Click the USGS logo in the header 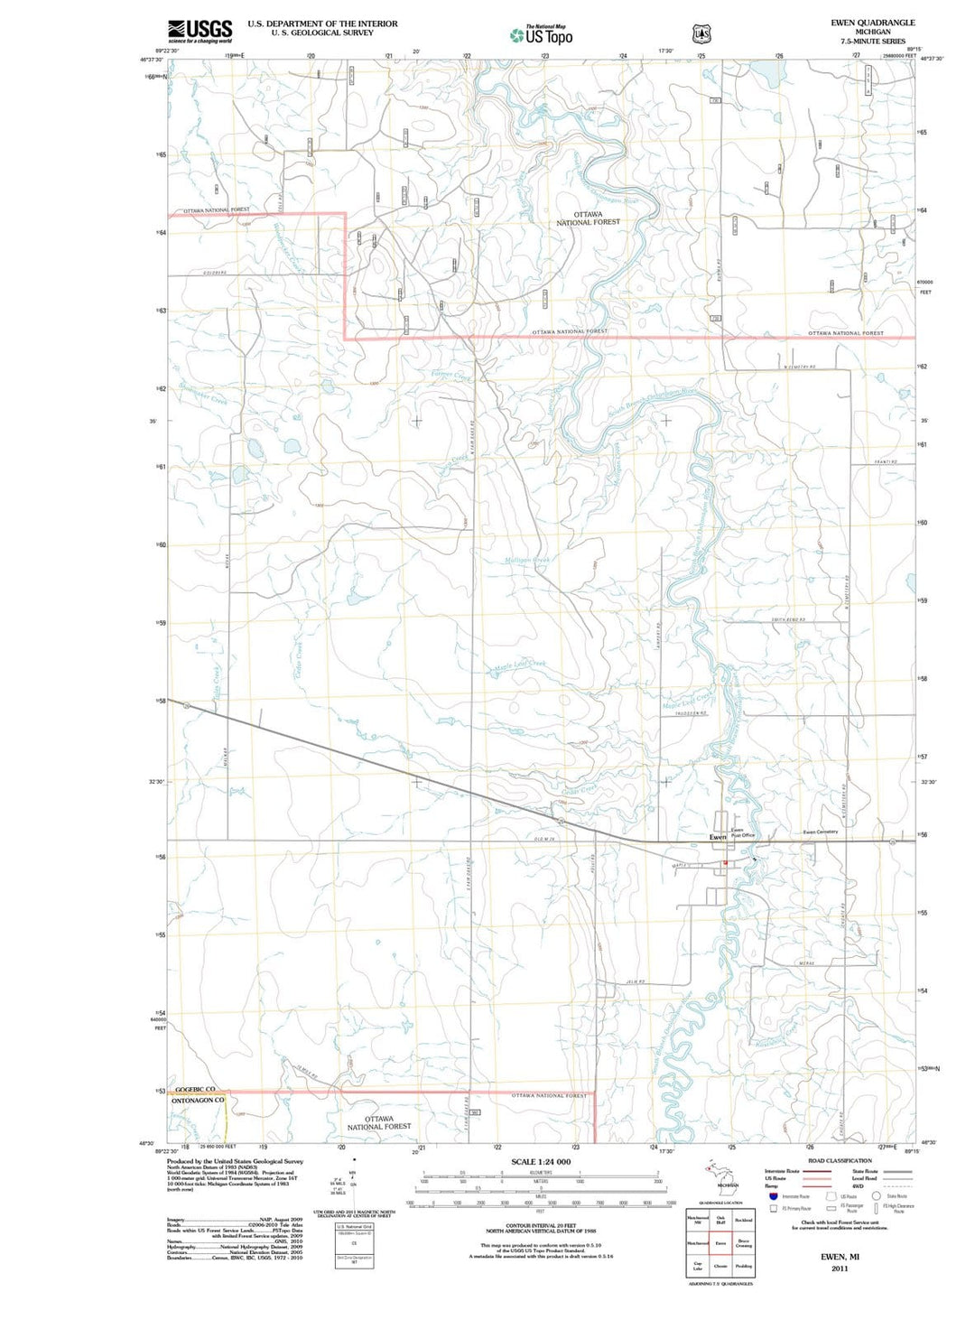[x=200, y=31]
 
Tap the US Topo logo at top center [x=542, y=35]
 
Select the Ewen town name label [x=718, y=838]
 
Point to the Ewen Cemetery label [x=821, y=832]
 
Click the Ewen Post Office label [x=741, y=832]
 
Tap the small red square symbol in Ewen [x=725, y=862]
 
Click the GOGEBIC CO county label [x=195, y=1090]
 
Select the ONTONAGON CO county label [x=198, y=1101]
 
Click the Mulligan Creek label [x=527, y=560]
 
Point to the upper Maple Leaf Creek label [x=519, y=666]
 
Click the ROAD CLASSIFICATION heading [x=840, y=1160]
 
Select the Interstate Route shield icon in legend [x=773, y=1195]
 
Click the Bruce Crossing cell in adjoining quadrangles [x=743, y=1243]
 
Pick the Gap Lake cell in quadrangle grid [x=697, y=1266]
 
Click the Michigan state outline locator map [x=720, y=1176]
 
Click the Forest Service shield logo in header [x=700, y=34]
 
